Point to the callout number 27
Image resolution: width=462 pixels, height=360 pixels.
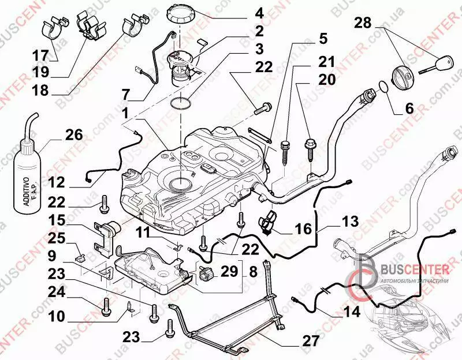[311, 341]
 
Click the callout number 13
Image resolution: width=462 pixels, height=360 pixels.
[351, 221]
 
